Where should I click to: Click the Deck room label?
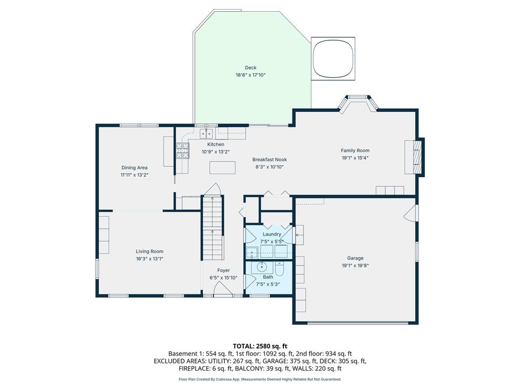coord(250,68)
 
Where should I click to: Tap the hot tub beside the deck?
coord(333,58)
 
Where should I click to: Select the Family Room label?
coord(355,150)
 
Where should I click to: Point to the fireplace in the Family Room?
coord(414,157)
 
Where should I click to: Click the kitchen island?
coord(222,168)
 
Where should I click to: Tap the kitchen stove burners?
coord(182,150)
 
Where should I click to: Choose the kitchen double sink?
coord(206,134)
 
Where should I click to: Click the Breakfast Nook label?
coord(269,159)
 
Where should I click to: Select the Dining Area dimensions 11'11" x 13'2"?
coord(134,175)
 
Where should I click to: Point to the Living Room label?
coord(149,251)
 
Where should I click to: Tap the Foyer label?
coord(223,270)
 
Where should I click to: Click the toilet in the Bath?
coord(279,269)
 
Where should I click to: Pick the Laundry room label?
coord(272,234)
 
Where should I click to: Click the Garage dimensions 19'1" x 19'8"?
coord(355,265)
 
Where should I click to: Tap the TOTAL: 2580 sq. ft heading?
coord(259,346)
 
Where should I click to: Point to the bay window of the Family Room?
coord(358,103)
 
